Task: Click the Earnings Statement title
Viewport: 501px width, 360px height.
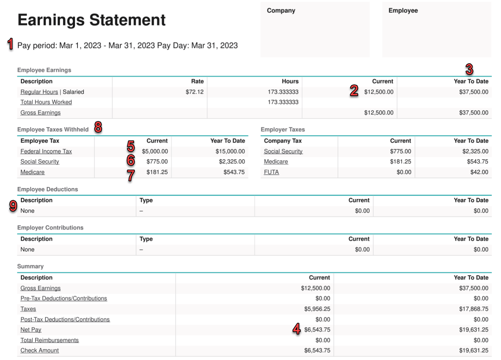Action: [91, 20]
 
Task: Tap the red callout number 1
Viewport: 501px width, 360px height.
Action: [11, 44]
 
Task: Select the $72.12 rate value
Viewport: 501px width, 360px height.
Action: [194, 92]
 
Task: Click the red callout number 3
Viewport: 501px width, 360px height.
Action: [469, 69]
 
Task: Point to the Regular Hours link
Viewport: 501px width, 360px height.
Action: [39, 92]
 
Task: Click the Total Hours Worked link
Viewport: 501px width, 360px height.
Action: [46, 102]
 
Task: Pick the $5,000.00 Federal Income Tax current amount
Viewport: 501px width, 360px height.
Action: [155, 151]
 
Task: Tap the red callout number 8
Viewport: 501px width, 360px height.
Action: [98, 127]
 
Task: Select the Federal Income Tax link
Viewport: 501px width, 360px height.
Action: [46, 151]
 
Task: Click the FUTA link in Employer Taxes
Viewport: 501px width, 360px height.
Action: [271, 172]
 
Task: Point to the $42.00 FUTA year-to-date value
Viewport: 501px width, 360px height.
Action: [479, 172]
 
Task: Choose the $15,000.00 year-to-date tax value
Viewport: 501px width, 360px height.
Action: [230, 151]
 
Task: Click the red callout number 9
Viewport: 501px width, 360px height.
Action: [13, 206]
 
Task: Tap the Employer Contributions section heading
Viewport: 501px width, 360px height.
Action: [50, 228]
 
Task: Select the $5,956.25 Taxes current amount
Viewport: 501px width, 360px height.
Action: [317, 309]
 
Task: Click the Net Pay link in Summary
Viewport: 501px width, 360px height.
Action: [31, 330]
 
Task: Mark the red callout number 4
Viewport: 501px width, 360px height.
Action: [297, 329]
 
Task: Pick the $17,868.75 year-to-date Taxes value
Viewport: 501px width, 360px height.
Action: [473, 309]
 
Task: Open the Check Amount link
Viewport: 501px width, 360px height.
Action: [39, 351]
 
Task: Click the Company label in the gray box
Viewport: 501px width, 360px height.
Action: [281, 11]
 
